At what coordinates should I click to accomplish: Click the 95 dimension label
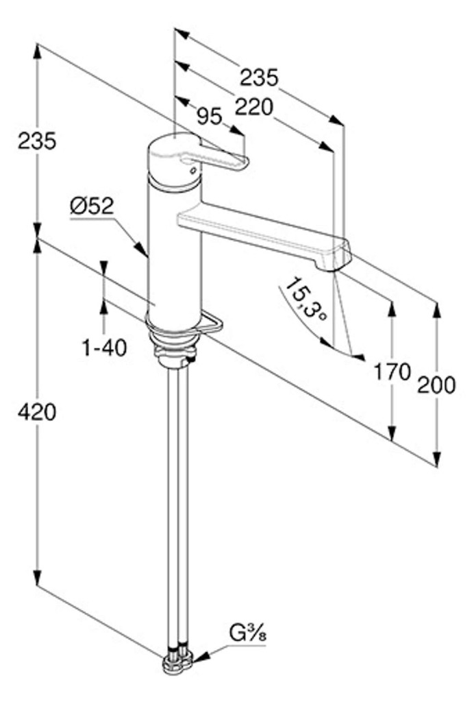210,117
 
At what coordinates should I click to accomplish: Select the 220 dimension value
253,108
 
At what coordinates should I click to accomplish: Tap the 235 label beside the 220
260,77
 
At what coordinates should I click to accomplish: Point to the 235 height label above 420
37,141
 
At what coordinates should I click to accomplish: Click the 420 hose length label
37,412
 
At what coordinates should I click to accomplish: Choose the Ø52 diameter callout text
92,206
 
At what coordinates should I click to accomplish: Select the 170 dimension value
392,372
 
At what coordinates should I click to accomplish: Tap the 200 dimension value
436,385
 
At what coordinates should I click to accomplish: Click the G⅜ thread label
248,633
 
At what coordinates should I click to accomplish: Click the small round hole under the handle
192,171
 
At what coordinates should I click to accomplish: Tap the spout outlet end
334,267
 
